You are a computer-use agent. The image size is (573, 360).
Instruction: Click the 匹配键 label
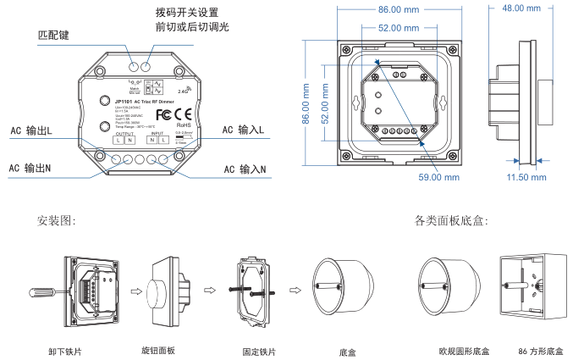(x=56, y=37)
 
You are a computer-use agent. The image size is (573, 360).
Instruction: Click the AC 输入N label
(x=245, y=169)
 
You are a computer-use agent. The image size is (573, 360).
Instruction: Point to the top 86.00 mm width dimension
(x=399, y=10)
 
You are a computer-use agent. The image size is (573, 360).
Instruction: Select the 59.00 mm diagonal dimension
(x=438, y=178)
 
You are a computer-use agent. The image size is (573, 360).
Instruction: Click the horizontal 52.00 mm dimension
(x=399, y=28)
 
